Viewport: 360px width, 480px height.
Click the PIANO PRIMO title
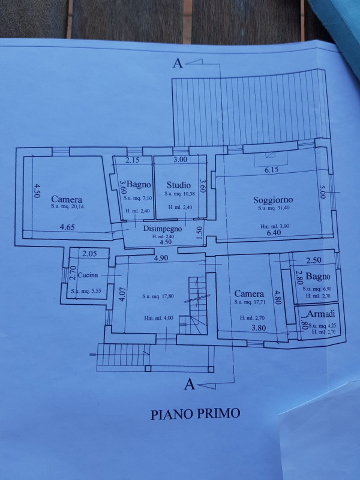195,413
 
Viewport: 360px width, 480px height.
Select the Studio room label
179,185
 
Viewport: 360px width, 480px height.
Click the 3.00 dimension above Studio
180,160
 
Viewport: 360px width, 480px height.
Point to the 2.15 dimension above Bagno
132,160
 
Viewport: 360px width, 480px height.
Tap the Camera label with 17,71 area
249,294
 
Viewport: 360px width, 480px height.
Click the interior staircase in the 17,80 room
196,306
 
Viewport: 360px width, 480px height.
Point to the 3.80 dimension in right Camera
259,328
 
